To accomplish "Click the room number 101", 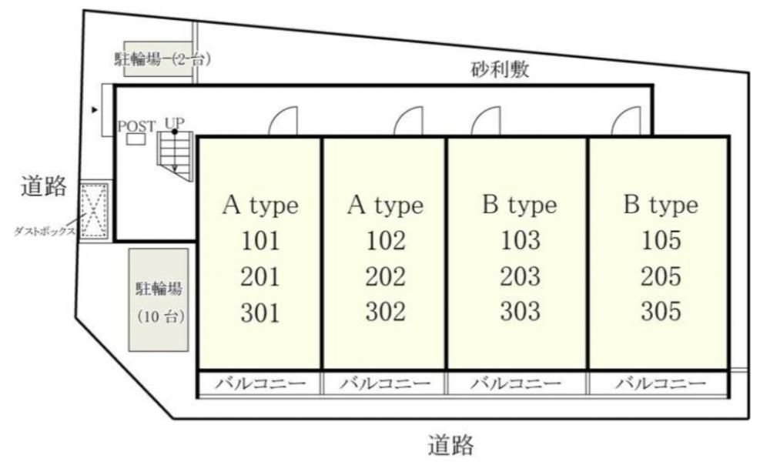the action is point(260,241).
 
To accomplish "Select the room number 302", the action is point(386,312).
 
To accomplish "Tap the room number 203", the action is point(520,276).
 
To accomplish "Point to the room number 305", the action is point(661,311).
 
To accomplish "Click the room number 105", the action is point(661,240).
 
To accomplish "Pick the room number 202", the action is point(386,276).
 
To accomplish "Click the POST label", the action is point(136,127).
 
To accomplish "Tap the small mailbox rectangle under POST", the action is point(136,139).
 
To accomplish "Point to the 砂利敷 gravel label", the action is point(500,69).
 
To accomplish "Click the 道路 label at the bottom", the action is point(450,445).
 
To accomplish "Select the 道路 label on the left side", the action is point(44,186).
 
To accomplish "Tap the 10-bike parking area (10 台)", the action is point(159,300).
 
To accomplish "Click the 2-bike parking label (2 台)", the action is point(162,59).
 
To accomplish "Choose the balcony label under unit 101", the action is point(260,383).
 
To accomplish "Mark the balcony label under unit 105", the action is point(661,383).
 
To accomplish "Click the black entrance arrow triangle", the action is point(95,110).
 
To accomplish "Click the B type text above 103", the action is point(520,205).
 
